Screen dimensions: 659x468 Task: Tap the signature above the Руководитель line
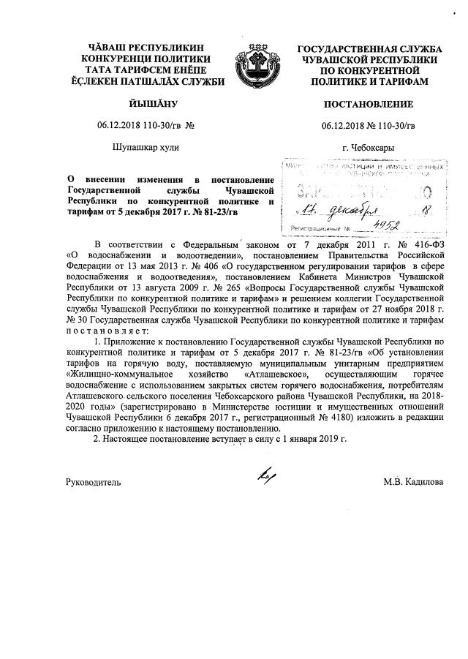point(263,476)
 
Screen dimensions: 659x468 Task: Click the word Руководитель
point(94,483)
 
